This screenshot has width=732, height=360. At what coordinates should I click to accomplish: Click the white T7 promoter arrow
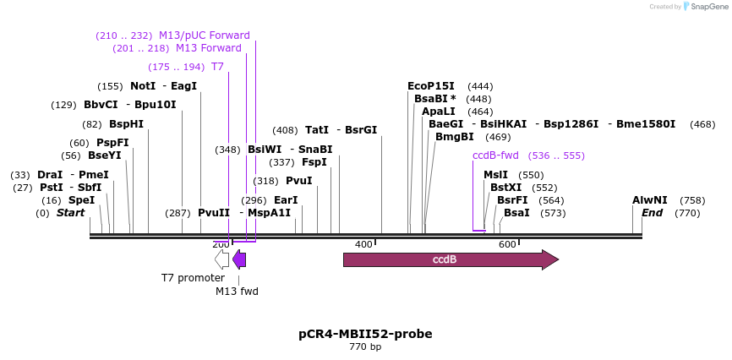[221, 259]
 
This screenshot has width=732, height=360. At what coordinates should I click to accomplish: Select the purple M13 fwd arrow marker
[239, 259]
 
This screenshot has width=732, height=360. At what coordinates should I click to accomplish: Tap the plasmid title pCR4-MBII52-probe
[365, 333]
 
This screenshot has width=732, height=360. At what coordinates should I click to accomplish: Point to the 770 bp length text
[365, 346]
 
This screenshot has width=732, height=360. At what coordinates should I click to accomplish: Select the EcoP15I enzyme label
[431, 86]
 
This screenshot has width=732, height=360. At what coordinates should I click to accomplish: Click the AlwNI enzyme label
[650, 200]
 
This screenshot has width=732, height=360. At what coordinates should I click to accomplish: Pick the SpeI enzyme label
[81, 200]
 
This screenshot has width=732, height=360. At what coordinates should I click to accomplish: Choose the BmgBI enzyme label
[454, 137]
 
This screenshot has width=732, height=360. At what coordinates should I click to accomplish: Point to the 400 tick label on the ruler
[363, 244]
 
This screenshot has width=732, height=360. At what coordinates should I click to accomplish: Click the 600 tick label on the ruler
[507, 244]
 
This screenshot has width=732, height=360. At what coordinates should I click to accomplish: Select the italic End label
[652, 213]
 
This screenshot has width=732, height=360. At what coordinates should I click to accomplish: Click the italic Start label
[70, 213]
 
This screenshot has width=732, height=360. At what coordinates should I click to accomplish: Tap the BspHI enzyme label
[126, 124]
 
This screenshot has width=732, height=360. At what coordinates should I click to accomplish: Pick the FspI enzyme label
[314, 162]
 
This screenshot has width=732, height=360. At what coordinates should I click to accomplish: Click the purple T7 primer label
[217, 67]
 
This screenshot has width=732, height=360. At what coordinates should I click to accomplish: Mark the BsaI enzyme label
[516, 213]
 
